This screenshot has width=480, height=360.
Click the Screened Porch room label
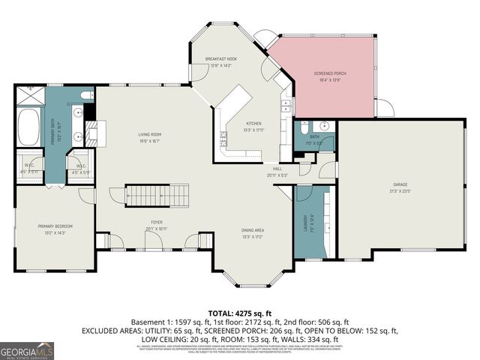pos(329,73)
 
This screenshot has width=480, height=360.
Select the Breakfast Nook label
pos(220,58)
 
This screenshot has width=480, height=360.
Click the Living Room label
pos(150,135)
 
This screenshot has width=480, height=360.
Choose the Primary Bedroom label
pos(55,226)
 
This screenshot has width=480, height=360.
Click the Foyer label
pos(156,223)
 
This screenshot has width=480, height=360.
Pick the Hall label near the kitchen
pos(277,169)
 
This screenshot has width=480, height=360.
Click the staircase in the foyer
pos(153,196)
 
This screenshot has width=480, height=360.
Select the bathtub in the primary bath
pos(29,127)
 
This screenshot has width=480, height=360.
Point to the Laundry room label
pos(305,223)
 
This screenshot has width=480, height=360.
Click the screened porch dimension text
pos(329,79)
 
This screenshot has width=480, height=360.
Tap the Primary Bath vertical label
pos(52,133)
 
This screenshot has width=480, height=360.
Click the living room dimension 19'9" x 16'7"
pos(150,142)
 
